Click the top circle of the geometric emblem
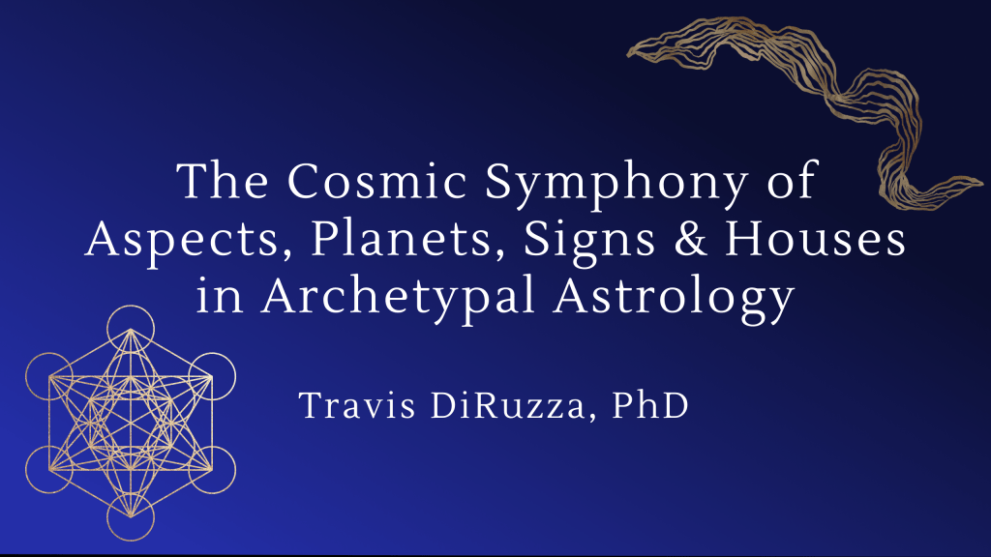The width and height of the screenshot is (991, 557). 130,329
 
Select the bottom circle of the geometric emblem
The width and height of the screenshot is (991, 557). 130,516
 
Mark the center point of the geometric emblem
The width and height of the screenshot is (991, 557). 130,423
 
